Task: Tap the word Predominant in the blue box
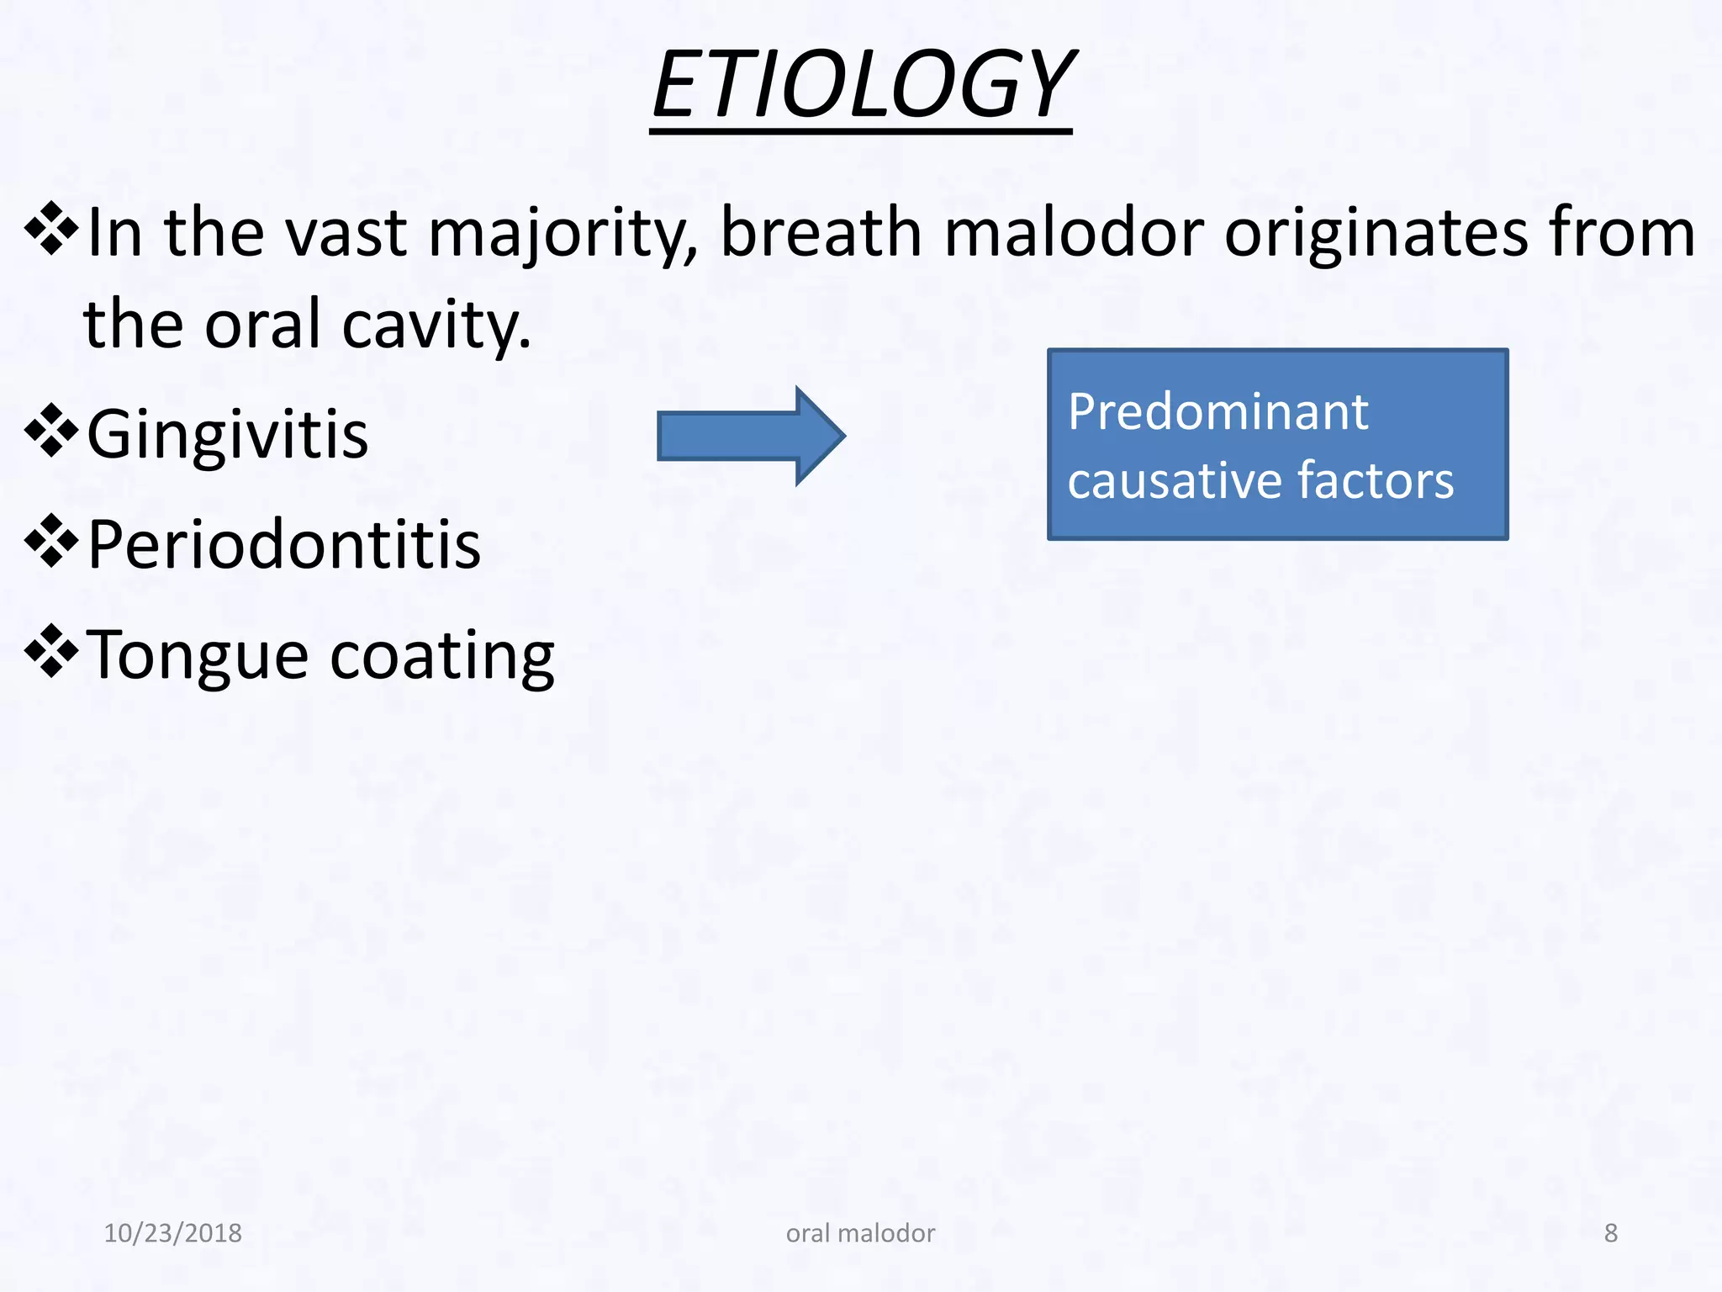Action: pos(1218,413)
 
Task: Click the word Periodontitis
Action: pos(284,545)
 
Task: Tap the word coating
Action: pos(442,656)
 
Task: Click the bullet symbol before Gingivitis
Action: pos(51,431)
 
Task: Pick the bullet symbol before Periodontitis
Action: pos(51,541)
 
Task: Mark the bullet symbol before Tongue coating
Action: pos(51,651)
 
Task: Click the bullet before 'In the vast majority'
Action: pos(51,228)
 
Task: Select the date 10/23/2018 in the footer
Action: pos(172,1233)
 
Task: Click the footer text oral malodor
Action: pos(860,1233)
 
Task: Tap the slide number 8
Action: pos(1610,1233)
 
